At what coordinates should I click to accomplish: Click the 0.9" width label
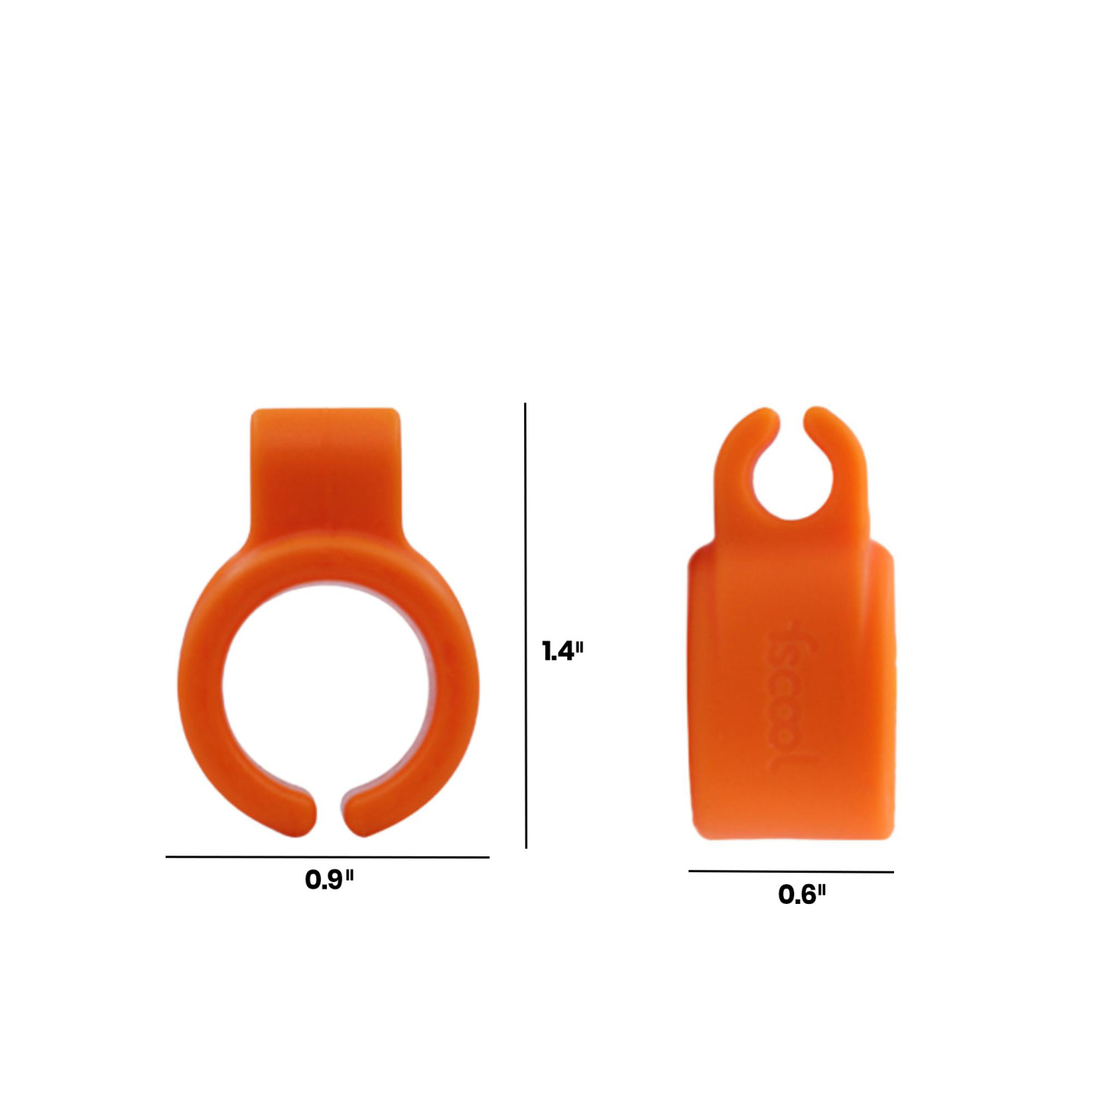click(329, 880)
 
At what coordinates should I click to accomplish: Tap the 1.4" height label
click(563, 651)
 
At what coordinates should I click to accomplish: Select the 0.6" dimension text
click(802, 895)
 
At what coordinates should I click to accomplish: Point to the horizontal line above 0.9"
click(328, 857)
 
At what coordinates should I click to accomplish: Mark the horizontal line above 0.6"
click(790, 871)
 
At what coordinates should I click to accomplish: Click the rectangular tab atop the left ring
click(324, 469)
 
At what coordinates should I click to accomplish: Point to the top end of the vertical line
click(526, 405)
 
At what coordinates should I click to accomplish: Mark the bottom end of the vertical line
click(526, 846)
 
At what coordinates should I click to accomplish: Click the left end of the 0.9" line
click(168, 857)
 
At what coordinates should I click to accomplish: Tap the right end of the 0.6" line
click(892, 872)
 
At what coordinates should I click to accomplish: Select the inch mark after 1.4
click(579, 647)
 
